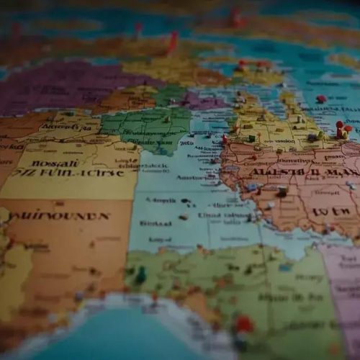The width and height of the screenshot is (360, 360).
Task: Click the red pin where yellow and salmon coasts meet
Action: (225, 139)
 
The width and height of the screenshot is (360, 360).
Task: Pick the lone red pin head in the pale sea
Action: (321, 99)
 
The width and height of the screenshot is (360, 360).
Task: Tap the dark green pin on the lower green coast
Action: (141, 274)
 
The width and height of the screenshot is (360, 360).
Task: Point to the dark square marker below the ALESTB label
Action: (282, 192)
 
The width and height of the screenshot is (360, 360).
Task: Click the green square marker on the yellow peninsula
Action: (252, 138)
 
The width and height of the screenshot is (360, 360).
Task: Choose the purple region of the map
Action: (58, 86)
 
